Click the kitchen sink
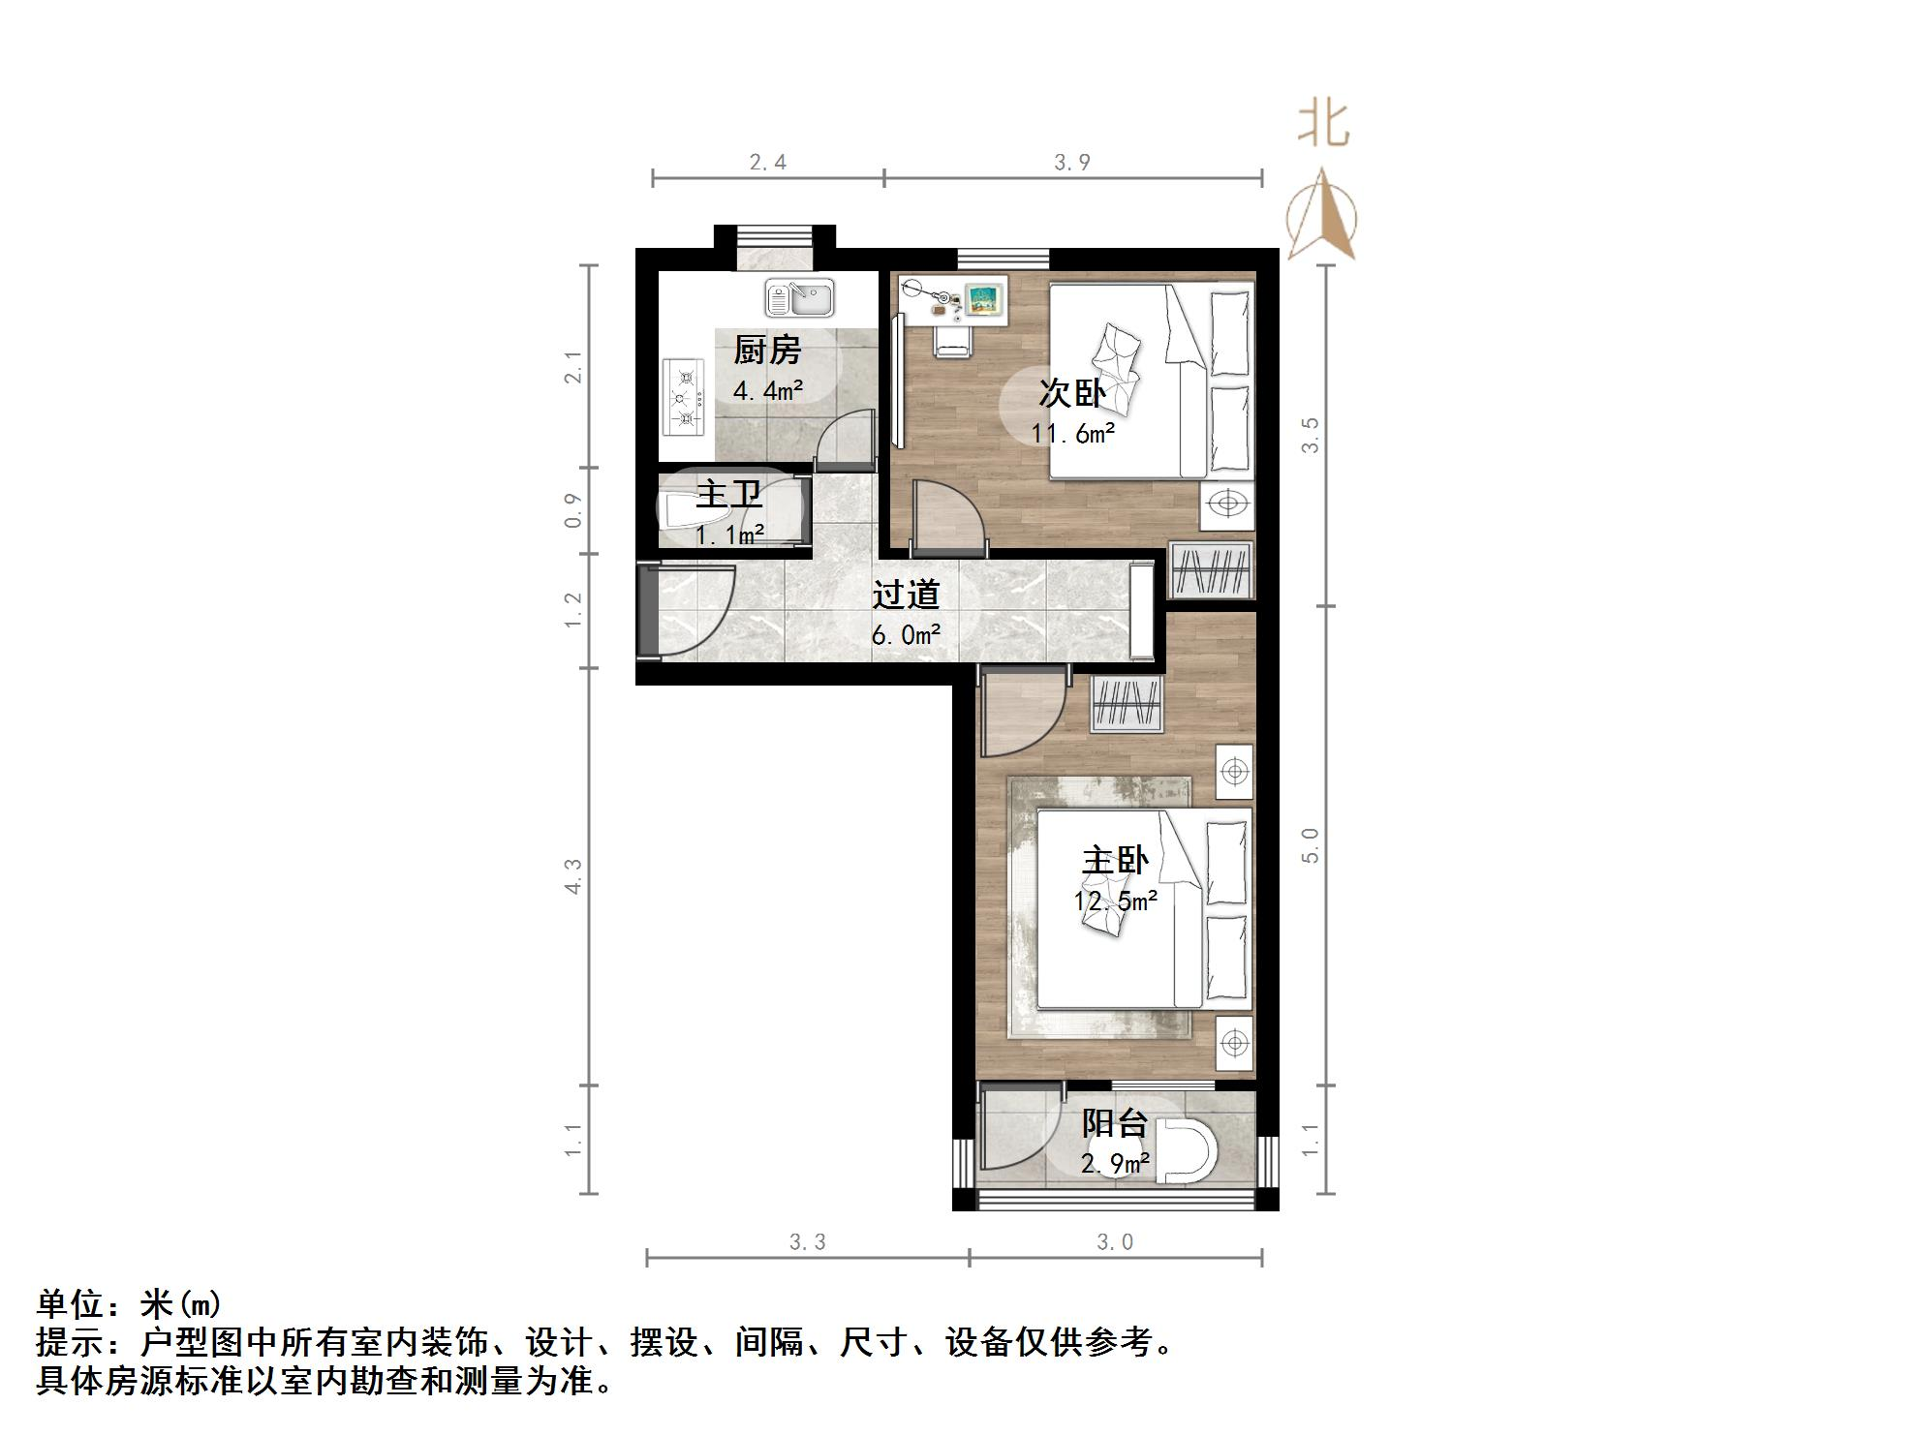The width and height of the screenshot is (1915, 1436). pos(799,298)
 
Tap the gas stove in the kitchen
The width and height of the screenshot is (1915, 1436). pos(685,397)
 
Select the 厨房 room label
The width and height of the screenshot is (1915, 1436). pos(767,350)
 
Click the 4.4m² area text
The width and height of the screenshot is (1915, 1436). pos(767,391)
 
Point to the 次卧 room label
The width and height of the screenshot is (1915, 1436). pos(1072,393)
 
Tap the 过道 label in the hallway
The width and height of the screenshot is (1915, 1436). pos(906,595)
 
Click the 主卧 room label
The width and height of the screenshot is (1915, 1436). pos(1115,860)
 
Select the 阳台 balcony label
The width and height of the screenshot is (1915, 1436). pos(1115,1123)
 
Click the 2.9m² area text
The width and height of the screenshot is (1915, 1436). pos(1115,1163)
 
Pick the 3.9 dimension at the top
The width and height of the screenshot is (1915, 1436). pos(1072,163)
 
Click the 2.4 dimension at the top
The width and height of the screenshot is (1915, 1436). pos(767,163)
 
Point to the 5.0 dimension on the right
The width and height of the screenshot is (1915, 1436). pos(1310,845)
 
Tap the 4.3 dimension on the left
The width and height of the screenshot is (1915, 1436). pos(573,876)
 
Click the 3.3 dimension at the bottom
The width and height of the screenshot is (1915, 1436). pos(807,1242)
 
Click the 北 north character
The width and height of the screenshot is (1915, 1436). pos(1323,125)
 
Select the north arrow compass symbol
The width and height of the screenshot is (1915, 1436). pos(1322,218)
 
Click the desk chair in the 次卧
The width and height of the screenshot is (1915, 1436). pos(951,339)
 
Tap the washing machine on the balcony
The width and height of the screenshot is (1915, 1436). pos(1189,1151)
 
